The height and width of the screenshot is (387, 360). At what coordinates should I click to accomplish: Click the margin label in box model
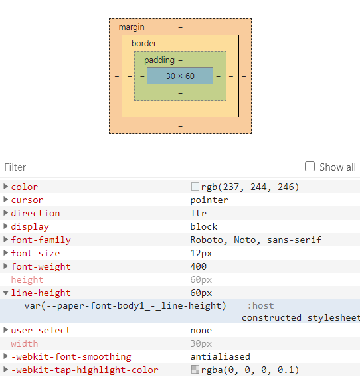point(131,27)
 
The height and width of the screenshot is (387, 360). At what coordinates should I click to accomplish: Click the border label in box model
point(144,44)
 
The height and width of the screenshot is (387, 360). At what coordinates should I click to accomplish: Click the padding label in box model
point(159,60)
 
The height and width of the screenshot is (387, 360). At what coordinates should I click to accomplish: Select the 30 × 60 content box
point(180,76)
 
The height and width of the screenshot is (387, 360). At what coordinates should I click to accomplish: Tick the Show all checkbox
point(310,167)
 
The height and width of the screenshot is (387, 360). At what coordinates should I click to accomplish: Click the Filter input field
point(146,167)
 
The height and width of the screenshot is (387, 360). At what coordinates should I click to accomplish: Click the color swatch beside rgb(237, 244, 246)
point(195,187)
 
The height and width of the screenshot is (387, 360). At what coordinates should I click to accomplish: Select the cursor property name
point(27,200)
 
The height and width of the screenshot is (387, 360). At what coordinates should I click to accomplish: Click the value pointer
point(209,200)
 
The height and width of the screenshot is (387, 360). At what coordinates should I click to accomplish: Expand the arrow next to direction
point(6,213)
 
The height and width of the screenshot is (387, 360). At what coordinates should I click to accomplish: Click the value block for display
point(204,227)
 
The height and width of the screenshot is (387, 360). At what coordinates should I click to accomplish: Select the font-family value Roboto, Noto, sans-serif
point(256,240)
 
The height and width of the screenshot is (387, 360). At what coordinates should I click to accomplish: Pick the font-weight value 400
point(199,267)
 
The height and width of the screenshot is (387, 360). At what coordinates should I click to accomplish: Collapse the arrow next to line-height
point(6,293)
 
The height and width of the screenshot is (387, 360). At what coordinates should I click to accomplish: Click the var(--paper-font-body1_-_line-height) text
point(125,306)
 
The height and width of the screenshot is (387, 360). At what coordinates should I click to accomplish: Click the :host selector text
point(260,306)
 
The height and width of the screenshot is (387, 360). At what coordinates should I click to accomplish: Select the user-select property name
point(41,331)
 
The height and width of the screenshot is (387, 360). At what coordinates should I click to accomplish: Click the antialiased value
point(221,357)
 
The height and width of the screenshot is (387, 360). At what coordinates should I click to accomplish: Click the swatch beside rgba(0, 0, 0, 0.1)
point(195,370)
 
